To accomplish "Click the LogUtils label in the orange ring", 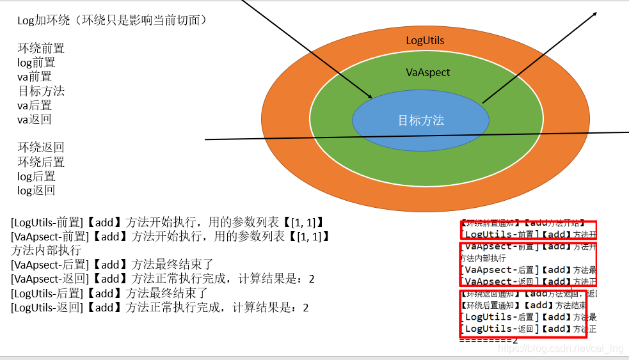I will (x=425, y=40).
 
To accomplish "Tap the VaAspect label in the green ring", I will (x=428, y=72).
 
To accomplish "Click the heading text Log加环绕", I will (x=111, y=20).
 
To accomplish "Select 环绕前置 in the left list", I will (x=41, y=49).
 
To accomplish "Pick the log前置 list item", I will (x=36, y=63).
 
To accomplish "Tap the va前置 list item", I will (x=35, y=77).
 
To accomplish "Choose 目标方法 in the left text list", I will (x=41, y=91).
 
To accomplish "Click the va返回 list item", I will (x=35, y=119).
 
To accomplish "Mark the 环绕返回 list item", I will (x=41, y=147).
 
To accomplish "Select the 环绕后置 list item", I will (x=41, y=162).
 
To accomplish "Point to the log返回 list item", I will (x=36, y=190).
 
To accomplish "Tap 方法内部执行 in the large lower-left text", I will (x=46, y=251).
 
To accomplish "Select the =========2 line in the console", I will (x=488, y=340).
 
